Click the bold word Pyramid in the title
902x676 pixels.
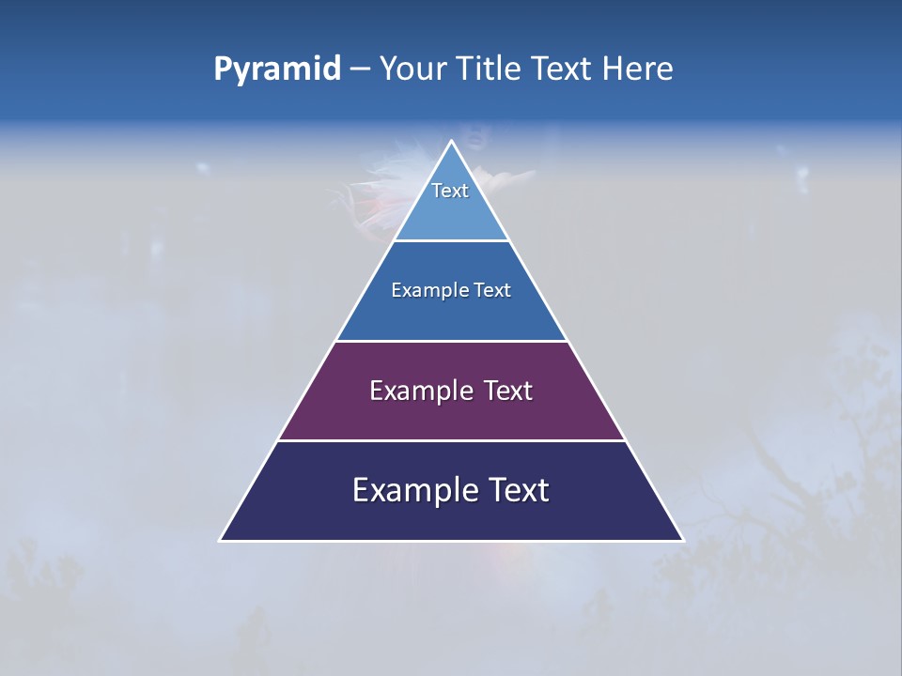pos(277,69)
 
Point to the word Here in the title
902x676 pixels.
pos(638,69)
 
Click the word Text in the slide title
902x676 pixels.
pos(562,69)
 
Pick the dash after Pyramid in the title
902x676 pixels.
pos(360,69)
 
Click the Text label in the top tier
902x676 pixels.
pos(450,191)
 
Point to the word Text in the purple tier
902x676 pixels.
pos(508,391)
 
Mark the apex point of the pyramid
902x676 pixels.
pos(452,142)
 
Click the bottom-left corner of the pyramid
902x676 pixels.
pos(221,540)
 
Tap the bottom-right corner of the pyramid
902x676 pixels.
pos(683,540)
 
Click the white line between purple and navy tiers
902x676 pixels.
pos(452,440)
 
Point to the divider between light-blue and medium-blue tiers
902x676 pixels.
pos(452,241)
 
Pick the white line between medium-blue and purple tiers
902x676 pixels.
pos(452,341)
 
